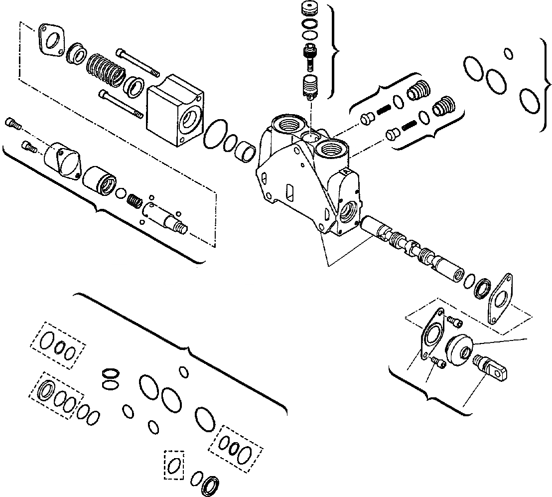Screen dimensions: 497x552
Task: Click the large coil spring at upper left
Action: (105, 69)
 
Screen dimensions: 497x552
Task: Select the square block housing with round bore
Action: (175, 110)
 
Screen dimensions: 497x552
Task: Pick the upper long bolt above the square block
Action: (138, 62)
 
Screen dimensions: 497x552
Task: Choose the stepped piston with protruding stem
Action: (164, 216)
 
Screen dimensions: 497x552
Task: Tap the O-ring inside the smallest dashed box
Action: (174, 465)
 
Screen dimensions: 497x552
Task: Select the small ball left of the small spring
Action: (120, 192)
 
